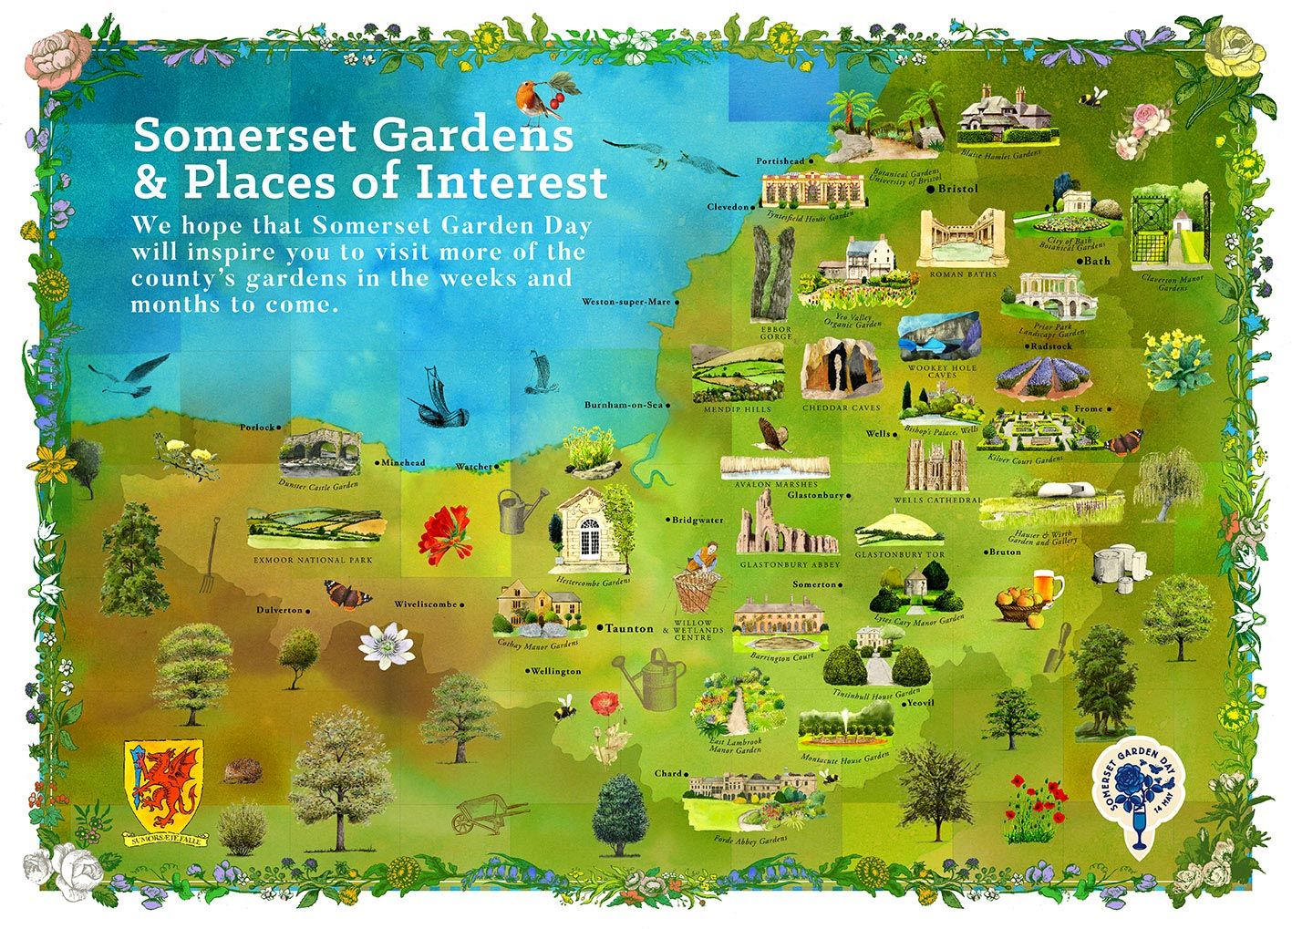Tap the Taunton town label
630,628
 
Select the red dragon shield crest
166,781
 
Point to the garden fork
209,554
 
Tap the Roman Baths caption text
962,274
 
